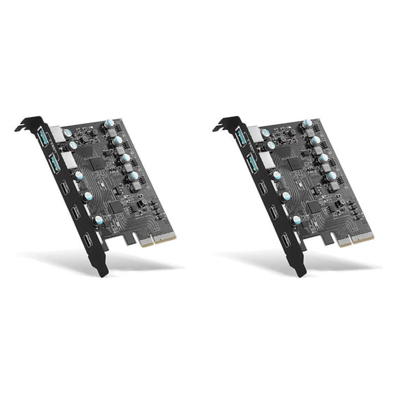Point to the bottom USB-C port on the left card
87,241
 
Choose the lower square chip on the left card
115,206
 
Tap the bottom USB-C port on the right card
285,241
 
